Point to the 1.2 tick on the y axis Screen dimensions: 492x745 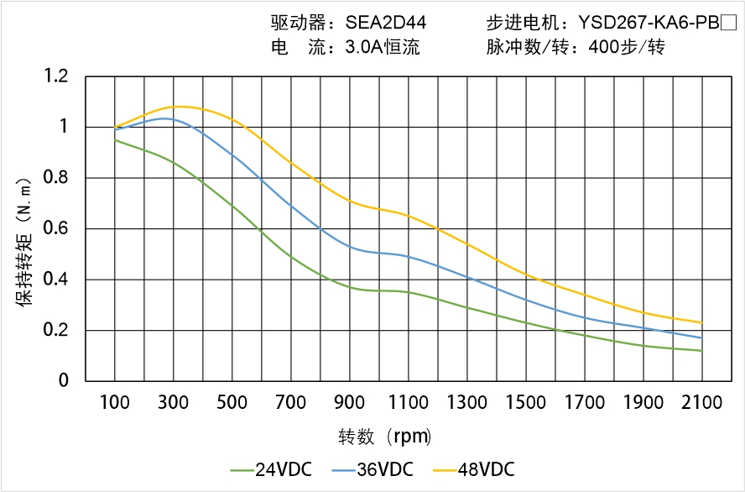pos(56,77)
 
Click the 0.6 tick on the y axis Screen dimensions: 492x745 pos(56,228)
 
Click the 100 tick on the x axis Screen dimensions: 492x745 pos(115,403)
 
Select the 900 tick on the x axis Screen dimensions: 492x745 pos(350,403)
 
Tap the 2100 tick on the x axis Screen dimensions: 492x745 pos(701,403)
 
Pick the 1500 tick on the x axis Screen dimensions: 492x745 pos(526,403)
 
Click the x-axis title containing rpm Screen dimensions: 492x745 pos(385,437)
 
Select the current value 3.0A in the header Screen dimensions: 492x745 pos(362,48)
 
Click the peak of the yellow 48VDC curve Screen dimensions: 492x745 pos(180,107)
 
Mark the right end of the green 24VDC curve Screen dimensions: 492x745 pos(701,351)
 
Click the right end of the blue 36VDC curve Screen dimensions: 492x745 pos(701,338)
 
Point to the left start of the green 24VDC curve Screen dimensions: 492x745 pos(115,139)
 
